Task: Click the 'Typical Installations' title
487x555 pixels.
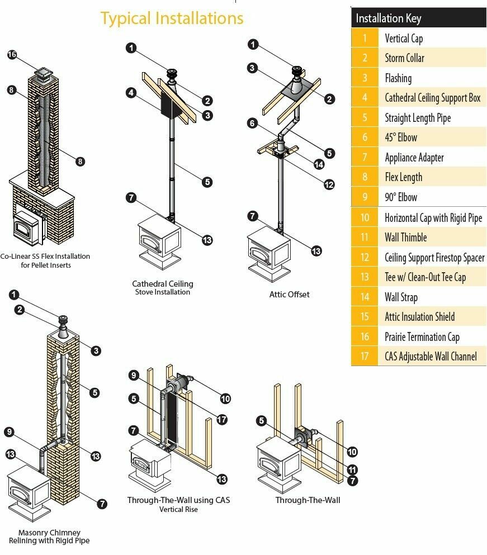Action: pyautogui.click(x=172, y=18)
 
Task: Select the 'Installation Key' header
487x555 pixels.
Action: pyautogui.click(x=389, y=18)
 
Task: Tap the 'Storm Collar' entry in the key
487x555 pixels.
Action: pyautogui.click(x=404, y=58)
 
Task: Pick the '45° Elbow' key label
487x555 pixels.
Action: pyautogui.click(x=401, y=137)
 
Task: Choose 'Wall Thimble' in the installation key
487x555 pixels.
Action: pyautogui.click(x=405, y=238)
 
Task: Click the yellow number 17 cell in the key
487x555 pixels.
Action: pyautogui.click(x=365, y=357)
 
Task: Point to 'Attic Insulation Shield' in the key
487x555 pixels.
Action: pyautogui.click(x=419, y=317)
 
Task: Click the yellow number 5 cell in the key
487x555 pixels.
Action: pyautogui.click(x=365, y=118)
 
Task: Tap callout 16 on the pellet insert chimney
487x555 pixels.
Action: pyautogui.click(x=12, y=55)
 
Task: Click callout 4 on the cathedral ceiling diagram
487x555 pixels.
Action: pyautogui.click(x=131, y=93)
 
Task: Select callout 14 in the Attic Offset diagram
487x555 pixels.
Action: pyautogui.click(x=319, y=164)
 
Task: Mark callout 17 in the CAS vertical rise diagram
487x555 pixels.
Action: pyautogui.click(x=222, y=419)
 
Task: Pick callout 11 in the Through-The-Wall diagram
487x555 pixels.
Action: pyautogui.click(x=352, y=469)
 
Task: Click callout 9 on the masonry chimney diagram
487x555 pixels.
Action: pyautogui.click(x=8, y=431)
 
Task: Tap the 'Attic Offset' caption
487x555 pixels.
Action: pyautogui.click(x=289, y=294)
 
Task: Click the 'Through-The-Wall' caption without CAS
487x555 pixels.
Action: pyautogui.click(x=308, y=500)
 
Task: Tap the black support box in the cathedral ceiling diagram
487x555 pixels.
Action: pyautogui.click(x=167, y=105)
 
